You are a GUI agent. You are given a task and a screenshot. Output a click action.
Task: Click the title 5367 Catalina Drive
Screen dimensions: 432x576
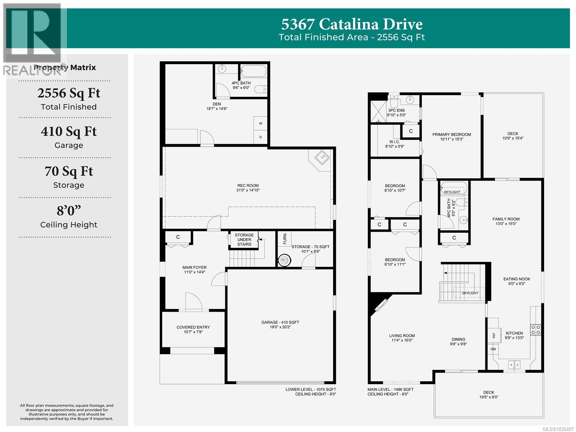(352, 25)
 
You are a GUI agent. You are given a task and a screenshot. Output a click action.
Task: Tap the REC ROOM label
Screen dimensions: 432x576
(248, 188)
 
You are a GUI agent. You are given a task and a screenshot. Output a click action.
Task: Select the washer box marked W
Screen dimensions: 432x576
(261, 124)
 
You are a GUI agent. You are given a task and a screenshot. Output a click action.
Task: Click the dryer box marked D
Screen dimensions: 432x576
(261, 137)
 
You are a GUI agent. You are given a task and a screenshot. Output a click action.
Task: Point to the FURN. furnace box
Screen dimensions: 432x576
(285, 239)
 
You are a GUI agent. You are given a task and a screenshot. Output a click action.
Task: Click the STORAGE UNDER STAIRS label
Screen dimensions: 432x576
(244, 240)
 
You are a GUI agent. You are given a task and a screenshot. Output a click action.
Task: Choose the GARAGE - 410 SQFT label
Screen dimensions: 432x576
(280, 325)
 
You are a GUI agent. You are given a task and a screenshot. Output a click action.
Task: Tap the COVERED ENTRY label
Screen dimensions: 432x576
(193, 329)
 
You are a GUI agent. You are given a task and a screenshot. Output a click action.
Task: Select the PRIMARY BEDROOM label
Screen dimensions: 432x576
(451, 137)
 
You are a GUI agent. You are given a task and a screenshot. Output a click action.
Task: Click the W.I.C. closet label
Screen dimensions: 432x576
(395, 144)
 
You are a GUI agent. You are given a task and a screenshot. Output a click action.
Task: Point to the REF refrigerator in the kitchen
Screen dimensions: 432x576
(494, 335)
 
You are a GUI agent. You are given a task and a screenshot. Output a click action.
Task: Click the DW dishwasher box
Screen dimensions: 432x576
(493, 349)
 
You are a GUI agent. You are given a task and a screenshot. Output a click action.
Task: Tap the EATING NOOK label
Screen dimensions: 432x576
(517, 281)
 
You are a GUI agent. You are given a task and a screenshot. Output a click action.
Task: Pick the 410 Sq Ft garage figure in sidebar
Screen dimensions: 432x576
(69, 132)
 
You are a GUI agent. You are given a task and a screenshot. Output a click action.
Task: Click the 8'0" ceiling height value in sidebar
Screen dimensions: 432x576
(69, 210)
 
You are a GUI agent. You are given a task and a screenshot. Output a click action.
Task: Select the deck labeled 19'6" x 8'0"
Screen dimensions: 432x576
(489, 395)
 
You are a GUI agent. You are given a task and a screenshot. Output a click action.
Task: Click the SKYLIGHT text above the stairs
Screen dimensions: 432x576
(470, 293)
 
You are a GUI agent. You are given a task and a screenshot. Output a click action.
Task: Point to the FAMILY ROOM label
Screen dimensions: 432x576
(506, 221)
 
